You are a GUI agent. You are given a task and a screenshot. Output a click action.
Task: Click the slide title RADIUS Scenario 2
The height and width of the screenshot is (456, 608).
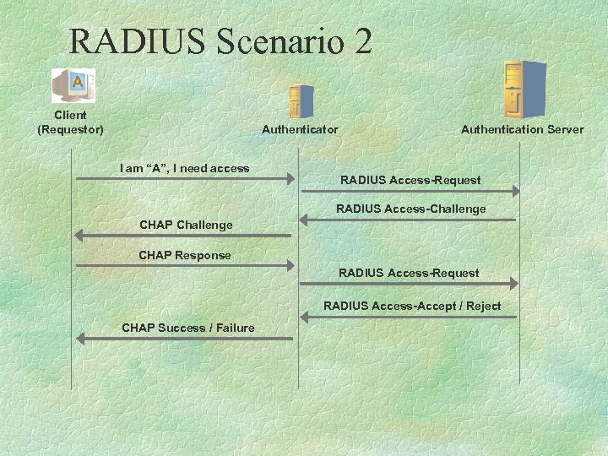[220, 41]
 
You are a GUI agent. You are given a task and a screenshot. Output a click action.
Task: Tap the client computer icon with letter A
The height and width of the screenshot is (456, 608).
[73, 85]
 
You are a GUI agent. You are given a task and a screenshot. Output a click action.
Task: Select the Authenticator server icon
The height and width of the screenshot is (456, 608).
[301, 101]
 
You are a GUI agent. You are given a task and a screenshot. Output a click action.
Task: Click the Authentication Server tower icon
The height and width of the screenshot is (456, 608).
[524, 90]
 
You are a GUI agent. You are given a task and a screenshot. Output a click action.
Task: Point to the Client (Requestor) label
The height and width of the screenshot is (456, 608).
[70, 122]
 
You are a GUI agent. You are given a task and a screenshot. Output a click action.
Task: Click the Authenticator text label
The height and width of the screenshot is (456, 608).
[300, 129]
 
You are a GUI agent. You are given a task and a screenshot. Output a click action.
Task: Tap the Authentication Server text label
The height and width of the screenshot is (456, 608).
[522, 129]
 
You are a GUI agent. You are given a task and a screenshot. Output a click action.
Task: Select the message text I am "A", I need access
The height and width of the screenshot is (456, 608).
[185, 168]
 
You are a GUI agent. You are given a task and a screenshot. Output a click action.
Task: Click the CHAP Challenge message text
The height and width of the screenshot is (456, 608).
[186, 225]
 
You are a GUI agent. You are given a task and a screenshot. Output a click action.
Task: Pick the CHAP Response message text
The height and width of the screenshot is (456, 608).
[185, 255]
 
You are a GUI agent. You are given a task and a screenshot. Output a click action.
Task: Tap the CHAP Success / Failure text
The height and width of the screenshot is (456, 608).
[188, 328]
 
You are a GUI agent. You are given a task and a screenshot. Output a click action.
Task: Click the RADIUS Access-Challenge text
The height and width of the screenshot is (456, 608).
[411, 209]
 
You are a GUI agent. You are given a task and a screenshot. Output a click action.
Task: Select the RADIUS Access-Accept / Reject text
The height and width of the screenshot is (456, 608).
[412, 306]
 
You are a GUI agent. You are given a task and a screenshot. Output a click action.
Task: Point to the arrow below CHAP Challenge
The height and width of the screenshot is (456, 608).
[183, 236]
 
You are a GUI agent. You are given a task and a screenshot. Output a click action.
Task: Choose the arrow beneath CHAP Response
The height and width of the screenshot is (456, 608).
[185, 266]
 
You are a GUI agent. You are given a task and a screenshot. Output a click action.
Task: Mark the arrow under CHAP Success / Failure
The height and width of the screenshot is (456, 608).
[185, 339]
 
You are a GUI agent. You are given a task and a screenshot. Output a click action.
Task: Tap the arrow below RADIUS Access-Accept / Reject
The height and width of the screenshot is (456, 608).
[409, 318]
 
